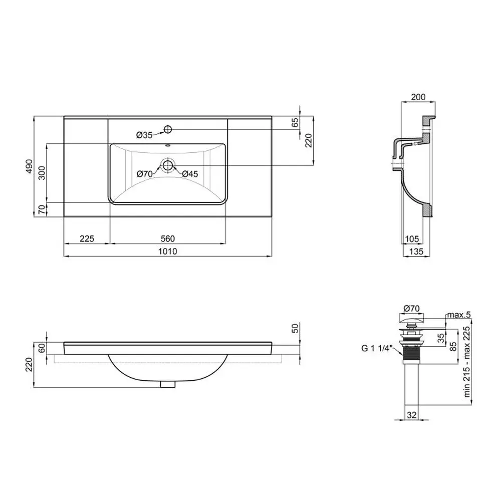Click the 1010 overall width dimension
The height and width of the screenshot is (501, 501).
[168, 252]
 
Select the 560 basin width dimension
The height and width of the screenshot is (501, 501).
[168, 238]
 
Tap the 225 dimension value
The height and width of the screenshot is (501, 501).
[87, 238]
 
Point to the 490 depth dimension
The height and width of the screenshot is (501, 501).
[29, 166]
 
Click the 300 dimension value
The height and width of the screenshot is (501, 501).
[42, 173]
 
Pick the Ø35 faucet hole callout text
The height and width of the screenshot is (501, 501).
[144, 135]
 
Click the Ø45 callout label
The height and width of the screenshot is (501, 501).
[190, 174]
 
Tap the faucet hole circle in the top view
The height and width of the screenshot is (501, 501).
[168, 129]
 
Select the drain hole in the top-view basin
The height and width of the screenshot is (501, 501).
[168, 165]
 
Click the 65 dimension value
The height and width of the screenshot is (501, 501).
[295, 122]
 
